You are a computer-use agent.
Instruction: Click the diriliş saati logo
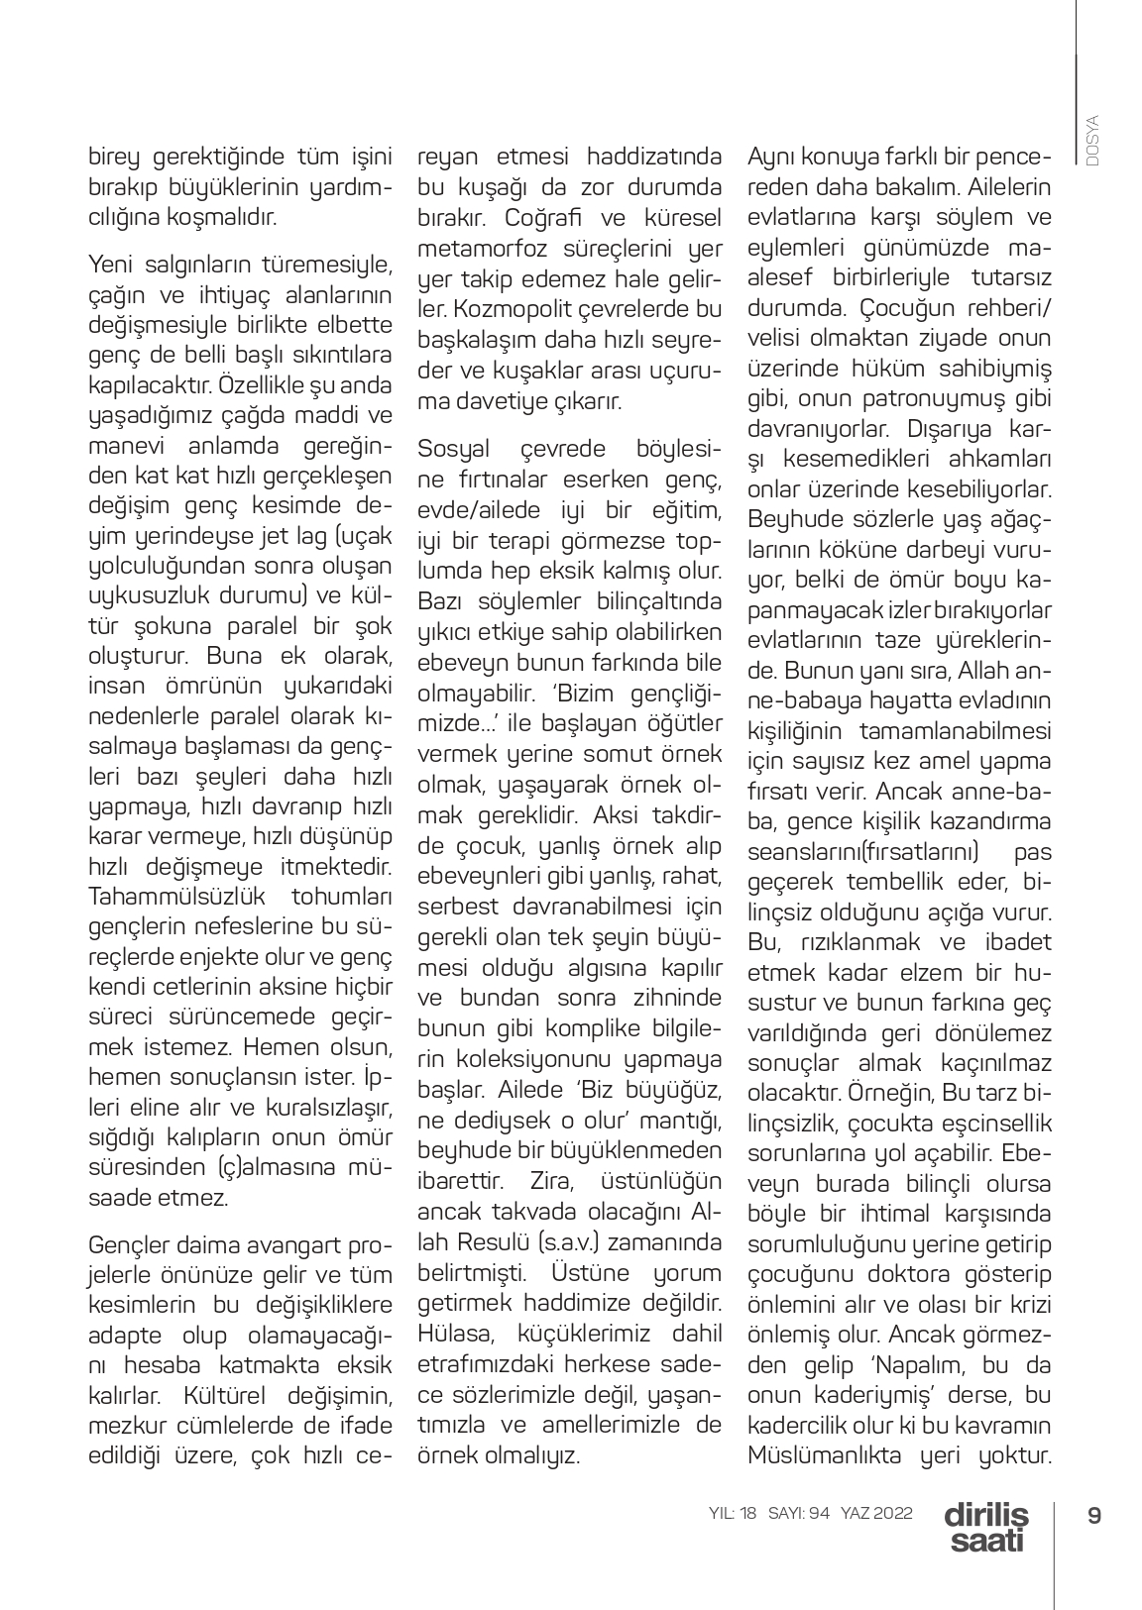986,1527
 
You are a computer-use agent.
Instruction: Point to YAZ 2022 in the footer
876,1514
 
